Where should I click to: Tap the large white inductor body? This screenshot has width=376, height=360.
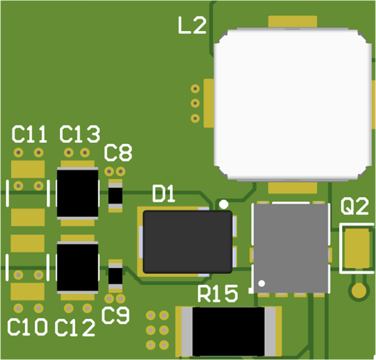[x=292, y=104]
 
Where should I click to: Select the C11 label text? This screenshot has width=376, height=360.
[x=29, y=135]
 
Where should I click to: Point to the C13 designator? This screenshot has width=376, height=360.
[x=80, y=135]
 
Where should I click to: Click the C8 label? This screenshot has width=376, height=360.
[x=118, y=154]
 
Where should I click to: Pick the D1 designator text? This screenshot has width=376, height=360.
[x=164, y=194]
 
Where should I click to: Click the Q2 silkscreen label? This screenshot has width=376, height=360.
[x=355, y=207]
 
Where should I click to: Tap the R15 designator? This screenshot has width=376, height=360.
[x=218, y=293]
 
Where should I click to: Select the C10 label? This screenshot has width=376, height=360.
[x=28, y=328]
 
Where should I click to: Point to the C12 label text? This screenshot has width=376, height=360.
[x=75, y=328]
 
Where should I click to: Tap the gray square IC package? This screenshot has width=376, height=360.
[x=291, y=248]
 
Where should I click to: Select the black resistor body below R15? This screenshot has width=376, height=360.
[x=229, y=332]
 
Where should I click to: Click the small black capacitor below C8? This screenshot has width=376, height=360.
[x=115, y=195]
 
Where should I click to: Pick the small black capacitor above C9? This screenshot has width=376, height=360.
[x=115, y=276]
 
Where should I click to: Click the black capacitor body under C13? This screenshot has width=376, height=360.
[x=78, y=193]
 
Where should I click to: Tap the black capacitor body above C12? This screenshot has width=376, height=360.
[x=78, y=267]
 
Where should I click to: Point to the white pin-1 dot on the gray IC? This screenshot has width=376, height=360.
[x=262, y=283]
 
